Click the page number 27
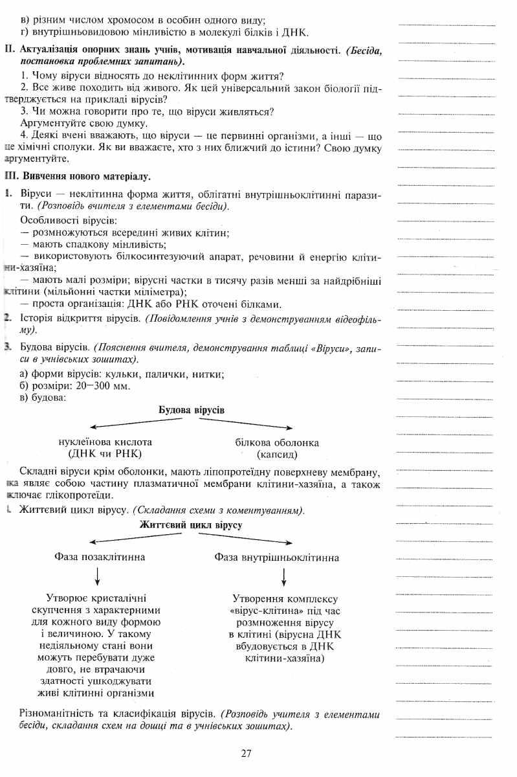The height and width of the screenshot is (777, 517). coord(245,753)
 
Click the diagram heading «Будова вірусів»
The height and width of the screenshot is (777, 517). coord(192,411)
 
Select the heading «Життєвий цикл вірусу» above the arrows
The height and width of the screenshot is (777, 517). coord(191,525)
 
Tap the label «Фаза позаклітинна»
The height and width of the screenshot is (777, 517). coord(100,557)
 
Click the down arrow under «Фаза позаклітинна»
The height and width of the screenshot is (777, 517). coord(98,576)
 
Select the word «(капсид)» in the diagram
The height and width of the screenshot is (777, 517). coord(276,454)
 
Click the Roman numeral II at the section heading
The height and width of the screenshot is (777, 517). coord(8,50)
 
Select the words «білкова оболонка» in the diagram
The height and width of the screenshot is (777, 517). coord(277,442)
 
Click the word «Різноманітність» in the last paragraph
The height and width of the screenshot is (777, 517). coord(62,714)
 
